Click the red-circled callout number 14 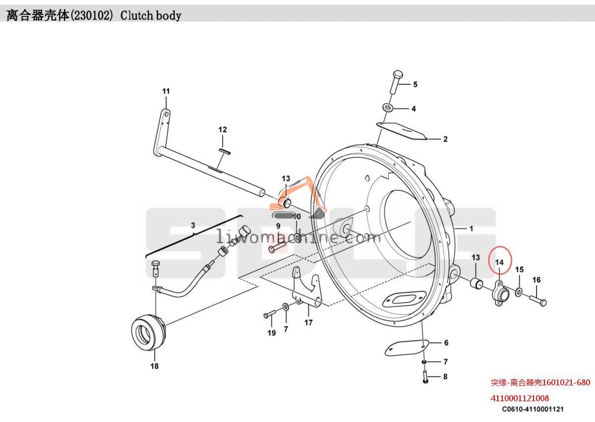coord(499,261)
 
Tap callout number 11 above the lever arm coord(166,91)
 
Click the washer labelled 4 coord(387,108)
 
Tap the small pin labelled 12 coord(223,151)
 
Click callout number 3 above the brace coord(193,225)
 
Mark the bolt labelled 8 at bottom coord(425,377)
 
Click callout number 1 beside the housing coord(471,229)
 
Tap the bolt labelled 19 coord(270,314)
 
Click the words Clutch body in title coord(151,16)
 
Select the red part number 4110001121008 coord(520,398)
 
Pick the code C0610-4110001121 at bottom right coord(532,410)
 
